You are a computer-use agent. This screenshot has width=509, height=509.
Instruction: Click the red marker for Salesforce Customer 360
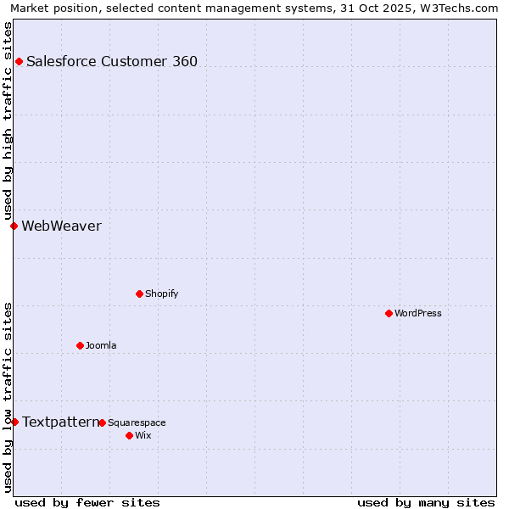click(x=19, y=61)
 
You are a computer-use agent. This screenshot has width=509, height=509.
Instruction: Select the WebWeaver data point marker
click(x=14, y=226)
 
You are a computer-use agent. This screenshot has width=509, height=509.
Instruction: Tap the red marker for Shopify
click(x=139, y=294)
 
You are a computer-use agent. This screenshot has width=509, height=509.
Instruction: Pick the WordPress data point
click(x=389, y=313)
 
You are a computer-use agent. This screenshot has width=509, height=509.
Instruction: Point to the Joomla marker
click(x=80, y=345)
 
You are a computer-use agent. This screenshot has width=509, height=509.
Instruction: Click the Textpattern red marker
click(x=14, y=422)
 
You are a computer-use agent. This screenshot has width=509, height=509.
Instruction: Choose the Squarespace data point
click(x=102, y=422)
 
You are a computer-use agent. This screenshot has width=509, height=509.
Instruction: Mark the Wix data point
click(x=129, y=435)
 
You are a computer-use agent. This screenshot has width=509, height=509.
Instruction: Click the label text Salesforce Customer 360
click(x=112, y=61)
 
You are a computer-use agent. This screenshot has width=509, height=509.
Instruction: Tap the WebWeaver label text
click(x=61, y=226)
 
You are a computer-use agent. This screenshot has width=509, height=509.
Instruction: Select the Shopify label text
click(x=161, y=294)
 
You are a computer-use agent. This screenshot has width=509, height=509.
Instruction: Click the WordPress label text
click(x=418, y=313)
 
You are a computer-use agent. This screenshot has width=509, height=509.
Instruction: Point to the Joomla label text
click(x=101, y=345)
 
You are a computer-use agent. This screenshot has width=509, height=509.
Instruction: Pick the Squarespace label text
click(x=137, y=422)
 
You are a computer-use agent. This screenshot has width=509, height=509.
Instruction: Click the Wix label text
click(x=143, y=435)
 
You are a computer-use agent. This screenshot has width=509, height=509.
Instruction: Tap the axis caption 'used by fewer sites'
click(x=87, y=502)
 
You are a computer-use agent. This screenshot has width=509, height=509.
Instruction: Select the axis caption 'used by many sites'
click(x=426, y=502)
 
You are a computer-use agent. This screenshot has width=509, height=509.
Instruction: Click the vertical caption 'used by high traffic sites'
click(x=8, y=120)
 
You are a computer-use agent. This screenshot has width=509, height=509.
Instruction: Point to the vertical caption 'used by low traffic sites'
click(x=8, y=397)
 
